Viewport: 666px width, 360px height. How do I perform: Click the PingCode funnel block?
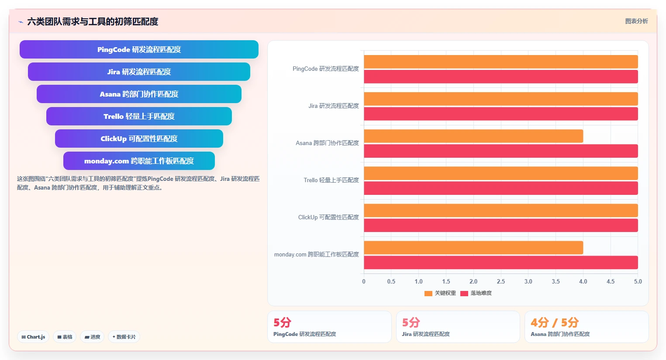pos(139,49)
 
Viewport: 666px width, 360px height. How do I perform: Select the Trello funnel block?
pos(139,116)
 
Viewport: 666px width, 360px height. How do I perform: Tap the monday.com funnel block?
pos(139,161)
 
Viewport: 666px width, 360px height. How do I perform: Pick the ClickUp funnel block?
pos(139,138)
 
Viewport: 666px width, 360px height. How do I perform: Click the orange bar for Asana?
pos(473,136)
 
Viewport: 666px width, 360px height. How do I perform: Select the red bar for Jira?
pos(500,114)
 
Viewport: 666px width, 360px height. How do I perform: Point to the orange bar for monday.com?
pos(473,248)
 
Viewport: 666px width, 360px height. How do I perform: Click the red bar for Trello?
pos(500,188)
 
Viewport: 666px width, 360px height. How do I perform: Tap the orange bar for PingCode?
pos(500,62)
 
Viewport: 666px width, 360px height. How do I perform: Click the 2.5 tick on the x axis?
pos(500,281)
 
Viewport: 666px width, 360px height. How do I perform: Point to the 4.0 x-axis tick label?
pos(583,281)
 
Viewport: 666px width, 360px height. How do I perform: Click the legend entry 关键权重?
pos(440,293)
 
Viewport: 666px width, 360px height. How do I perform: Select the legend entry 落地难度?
pos(476,293)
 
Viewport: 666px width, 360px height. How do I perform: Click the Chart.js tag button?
pos(33,337)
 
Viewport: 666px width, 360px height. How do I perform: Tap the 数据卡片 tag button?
pos(124,337)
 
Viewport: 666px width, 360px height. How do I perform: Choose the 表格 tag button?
pos(65,337)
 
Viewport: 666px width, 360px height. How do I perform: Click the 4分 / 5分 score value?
pos(555,322)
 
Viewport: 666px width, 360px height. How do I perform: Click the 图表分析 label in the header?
pos(637,21)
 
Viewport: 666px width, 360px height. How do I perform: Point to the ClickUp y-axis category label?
pos(328,217)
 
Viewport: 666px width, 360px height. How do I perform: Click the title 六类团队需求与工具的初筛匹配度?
pos(93,22)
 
